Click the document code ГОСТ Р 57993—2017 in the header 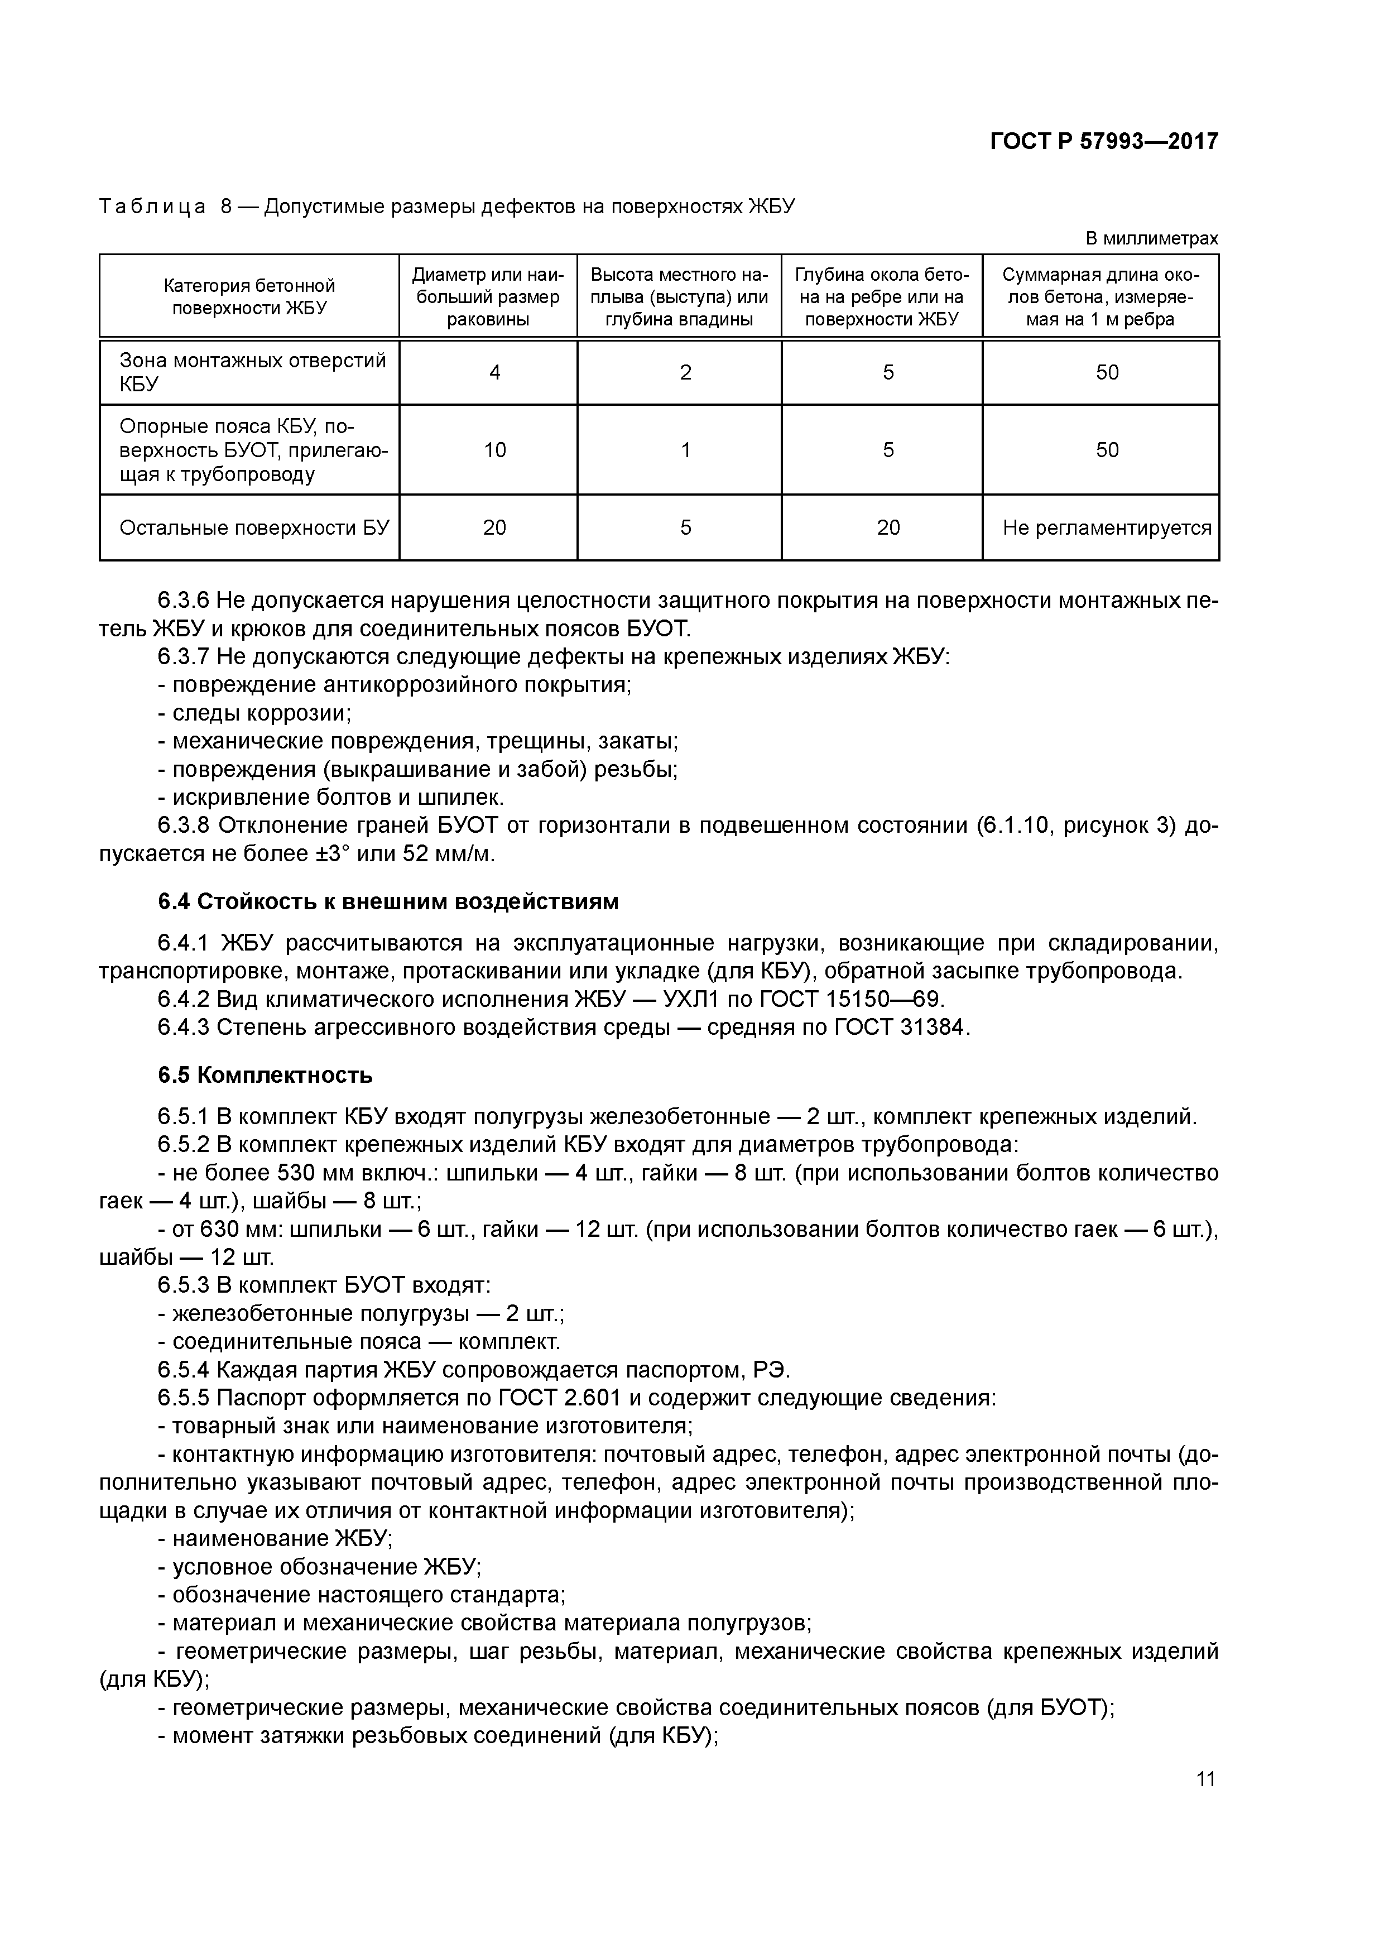1103,142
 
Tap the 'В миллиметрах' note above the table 1151,239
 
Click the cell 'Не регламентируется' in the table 1106,528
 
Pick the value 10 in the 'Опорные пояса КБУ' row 494,450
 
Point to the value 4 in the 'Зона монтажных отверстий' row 494,373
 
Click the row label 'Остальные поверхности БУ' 253,528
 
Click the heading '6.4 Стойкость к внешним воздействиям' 388,901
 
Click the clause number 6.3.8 184,826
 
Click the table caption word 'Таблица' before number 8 152,207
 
